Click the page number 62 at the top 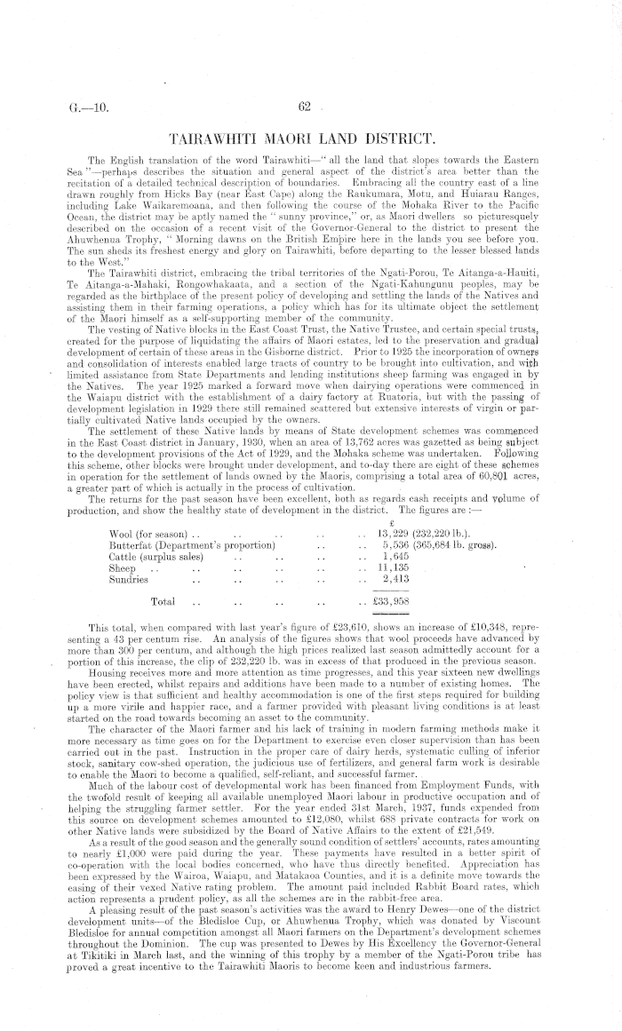point(303,108)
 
